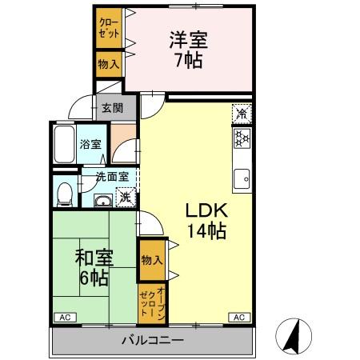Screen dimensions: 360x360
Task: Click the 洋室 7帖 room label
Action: click(189, 50)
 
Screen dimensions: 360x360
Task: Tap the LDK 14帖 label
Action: click(207, 222)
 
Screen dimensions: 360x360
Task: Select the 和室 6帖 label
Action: click(94, 268)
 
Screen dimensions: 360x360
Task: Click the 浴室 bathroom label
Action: click(90, 145)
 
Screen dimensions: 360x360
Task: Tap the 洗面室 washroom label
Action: click(110, 176)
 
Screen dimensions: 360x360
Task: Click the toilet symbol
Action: click(66, 191)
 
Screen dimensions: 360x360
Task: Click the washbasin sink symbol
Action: click(102, 201)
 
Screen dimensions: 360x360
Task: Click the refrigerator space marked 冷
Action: click(241, 114)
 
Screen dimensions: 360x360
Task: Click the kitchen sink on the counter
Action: click(241, 178)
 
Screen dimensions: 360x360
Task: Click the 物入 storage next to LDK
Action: click(152, 260)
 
